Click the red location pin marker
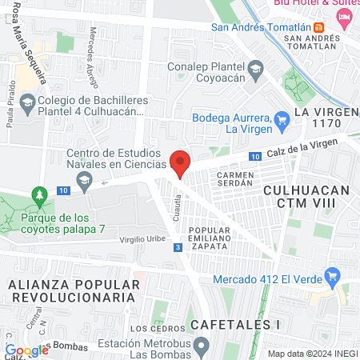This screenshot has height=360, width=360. (x=181, y=164)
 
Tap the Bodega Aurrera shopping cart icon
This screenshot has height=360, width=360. (x=282, y=121)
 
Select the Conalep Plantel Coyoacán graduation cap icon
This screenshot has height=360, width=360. (x=254, y=69)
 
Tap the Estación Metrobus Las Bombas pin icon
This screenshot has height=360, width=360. (x=202, y=346)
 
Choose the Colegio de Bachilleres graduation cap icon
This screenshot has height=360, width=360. (x=27, y=102)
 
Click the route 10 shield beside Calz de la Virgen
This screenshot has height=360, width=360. (x=254, y=156)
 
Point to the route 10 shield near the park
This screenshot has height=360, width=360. (x=63, y=190)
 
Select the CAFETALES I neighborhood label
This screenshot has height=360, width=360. (x=236, y=325)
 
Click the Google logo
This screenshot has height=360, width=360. (x=26, y=350)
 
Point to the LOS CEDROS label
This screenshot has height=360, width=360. (x=151, y=329)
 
